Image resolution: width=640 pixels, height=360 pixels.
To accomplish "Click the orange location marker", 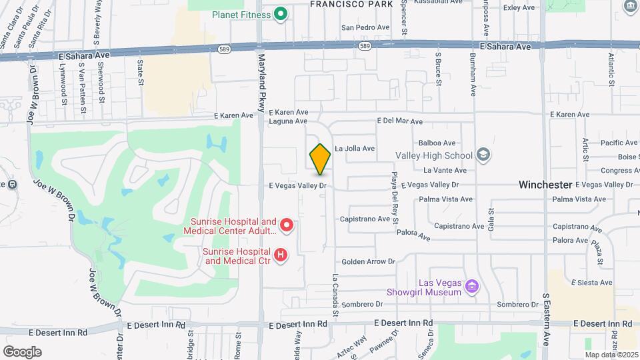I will [320, 159].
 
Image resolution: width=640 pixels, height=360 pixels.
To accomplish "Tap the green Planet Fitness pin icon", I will [281, 14].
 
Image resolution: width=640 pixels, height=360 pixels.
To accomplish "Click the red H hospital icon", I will [281, 255].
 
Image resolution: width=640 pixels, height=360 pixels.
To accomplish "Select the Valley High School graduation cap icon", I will [483, 155].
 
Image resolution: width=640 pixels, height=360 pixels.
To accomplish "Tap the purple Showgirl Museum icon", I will [473, 287].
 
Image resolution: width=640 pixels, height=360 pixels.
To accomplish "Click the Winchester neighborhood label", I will [545, 185].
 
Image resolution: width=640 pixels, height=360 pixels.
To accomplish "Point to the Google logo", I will [22, 351].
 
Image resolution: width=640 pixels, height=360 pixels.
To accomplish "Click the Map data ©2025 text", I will [611, 354].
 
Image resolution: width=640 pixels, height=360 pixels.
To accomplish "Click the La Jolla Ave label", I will [355, 149].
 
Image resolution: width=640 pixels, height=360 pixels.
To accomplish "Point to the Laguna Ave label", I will [288, 121].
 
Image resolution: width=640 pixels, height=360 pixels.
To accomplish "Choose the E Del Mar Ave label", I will [399, 121].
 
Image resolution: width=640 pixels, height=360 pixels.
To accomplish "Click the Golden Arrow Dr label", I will [369, 262].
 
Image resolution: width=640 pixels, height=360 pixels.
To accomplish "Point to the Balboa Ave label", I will [437, 143].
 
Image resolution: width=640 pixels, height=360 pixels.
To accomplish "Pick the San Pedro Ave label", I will [365, 27].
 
